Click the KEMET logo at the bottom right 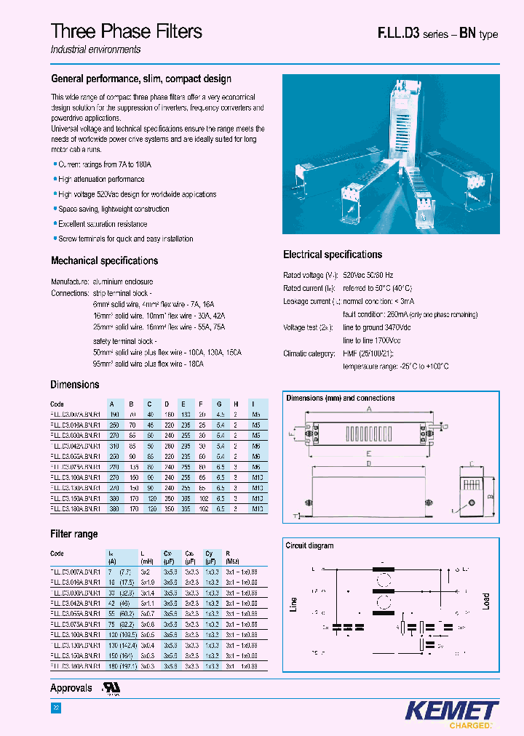click(x=450, y=710)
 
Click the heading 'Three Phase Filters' click(x=127, y=31)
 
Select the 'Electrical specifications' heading click(x=332, y=255)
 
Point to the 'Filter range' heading click(x=74, y=534)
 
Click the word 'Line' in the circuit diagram click(x=294, y=604)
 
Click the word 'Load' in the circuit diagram click(x=485, y=601)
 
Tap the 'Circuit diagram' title click(x=310, y=545)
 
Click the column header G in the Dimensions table click(x=218, y=404)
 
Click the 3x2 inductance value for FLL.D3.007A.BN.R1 click(x=146, y=573)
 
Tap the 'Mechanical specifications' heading click(x=104, y=260)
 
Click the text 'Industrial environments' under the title click(x=95, y=49)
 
